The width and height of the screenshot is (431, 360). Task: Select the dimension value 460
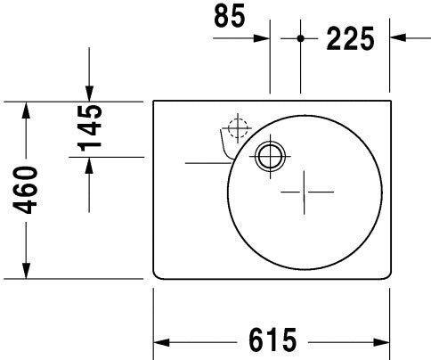pos(29,190)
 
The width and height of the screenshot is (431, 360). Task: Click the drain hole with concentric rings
pos(268,157)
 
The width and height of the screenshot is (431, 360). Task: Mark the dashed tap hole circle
pos(236,128)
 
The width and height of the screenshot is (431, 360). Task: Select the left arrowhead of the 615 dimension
pos(163,342)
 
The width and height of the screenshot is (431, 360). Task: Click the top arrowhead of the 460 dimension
pos(27,110)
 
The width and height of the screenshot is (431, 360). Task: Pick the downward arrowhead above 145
pos(89,93)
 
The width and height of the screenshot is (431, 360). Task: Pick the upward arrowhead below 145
pos(89,166)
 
